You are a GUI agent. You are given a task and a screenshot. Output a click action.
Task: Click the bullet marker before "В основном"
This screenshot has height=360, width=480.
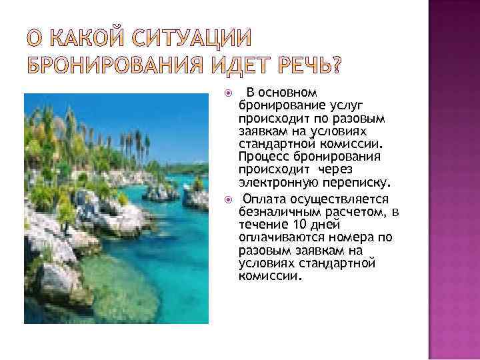228,92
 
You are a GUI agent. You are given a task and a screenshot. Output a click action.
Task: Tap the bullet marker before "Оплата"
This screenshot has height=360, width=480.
228,199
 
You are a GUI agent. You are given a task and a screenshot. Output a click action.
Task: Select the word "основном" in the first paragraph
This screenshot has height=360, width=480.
293,92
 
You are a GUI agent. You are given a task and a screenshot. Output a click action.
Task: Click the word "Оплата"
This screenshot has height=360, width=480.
265,199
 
